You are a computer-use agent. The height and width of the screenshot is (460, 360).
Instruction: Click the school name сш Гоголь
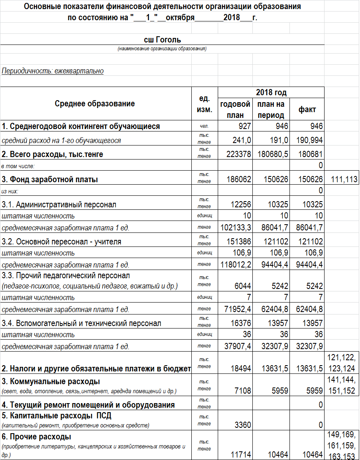pyautogui.click(x=162, y=40)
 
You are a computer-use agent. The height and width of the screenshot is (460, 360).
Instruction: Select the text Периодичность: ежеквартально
pyautogui.click(x=52, y=71)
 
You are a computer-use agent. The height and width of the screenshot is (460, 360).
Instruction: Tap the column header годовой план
pyautogui.click(x=235, y=110)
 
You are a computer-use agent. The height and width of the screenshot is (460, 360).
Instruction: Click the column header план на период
pyautogui.click(x=271, y=110)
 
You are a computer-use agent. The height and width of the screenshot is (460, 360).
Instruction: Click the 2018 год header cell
pyautogui.click(x=271, y=92)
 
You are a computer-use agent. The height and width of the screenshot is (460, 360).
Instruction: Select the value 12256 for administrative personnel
pyautogui.click(x=240, y=204)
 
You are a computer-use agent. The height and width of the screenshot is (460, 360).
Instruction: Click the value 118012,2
pyautogui.click(x=236, y=264)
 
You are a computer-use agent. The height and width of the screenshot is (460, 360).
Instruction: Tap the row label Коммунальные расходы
pyautogui.click(x=51, y=381)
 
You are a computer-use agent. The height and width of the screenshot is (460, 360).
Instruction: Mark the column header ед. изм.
pyautogui.click(x=205, y=104)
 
